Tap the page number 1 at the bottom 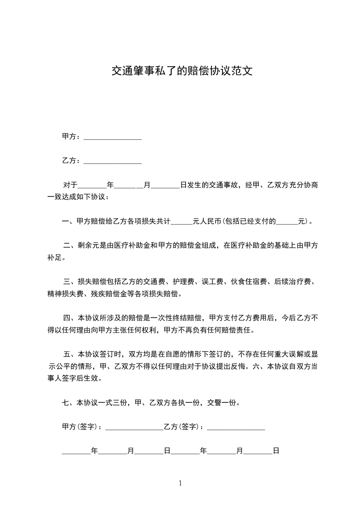click(180, 483)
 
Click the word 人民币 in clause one click(211, 222)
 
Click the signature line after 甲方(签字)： click(134, 428)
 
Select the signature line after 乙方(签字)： click(236, 428)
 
